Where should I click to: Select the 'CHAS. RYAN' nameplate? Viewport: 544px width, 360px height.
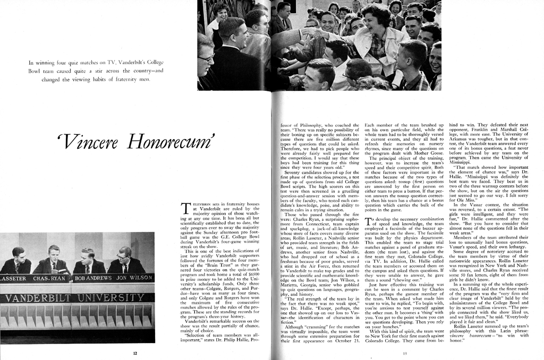(x=49, y=278)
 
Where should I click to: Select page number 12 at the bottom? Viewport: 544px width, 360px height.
(x=135, y=352)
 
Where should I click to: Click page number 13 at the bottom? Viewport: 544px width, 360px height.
(x=405, y=353)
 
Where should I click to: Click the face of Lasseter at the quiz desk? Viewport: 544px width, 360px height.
(x=18, y=255)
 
